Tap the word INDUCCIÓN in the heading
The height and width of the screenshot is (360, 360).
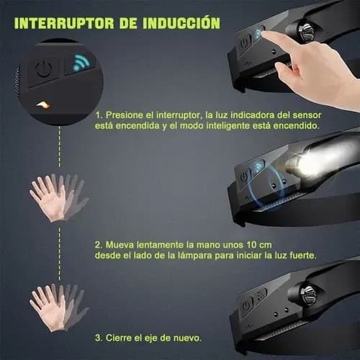point(181,23)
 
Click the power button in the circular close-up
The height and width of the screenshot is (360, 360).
point(44,69)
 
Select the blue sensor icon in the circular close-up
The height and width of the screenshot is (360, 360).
point(81,63)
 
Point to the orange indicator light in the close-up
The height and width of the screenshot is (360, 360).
point(43,104)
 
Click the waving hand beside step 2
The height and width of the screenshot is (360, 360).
point(58,197)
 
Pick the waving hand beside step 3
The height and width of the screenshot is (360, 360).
point(58,307)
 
